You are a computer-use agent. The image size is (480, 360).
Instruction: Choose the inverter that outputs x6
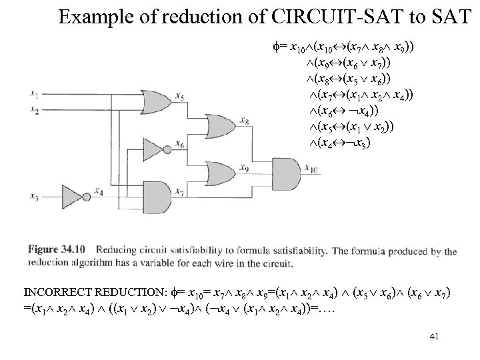coord(155,145)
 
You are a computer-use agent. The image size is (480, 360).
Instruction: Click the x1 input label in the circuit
coord(34,92)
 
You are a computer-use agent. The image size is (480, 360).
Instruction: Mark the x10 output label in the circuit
coord(311,169)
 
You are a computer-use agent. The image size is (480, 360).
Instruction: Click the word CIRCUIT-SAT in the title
coord(303,16)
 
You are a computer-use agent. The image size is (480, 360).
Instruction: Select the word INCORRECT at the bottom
coord(59,292)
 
